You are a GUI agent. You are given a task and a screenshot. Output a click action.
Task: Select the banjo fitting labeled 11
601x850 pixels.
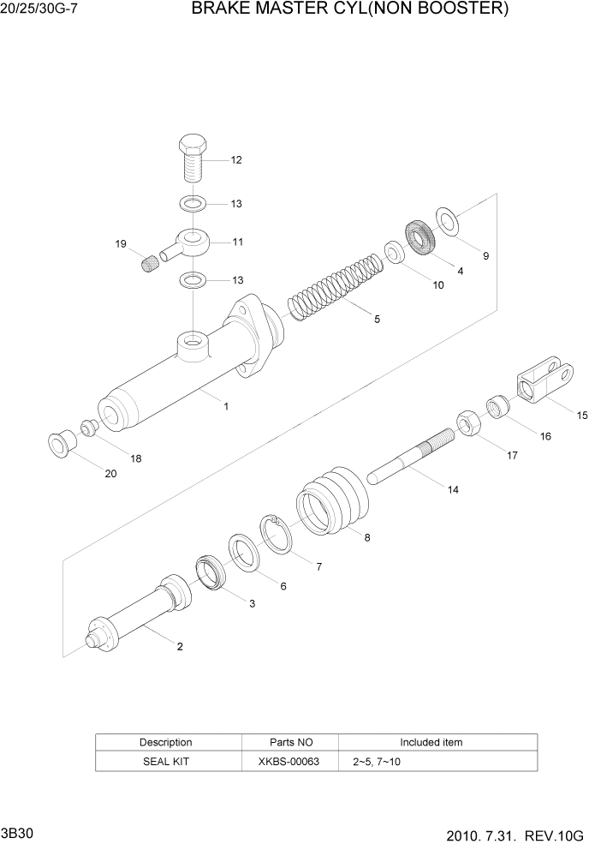(192, 242)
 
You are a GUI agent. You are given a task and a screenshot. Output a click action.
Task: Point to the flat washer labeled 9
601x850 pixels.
(447, 220)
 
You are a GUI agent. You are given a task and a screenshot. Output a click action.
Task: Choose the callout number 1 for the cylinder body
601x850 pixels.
(226, 407)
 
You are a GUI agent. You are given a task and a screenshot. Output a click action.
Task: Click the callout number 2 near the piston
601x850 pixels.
(180, 647)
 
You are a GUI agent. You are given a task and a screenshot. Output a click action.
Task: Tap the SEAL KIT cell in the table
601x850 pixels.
(166, 761)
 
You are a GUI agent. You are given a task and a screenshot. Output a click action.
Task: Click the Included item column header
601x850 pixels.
(431, 742)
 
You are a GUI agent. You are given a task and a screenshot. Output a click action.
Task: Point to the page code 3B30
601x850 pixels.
(17, 834)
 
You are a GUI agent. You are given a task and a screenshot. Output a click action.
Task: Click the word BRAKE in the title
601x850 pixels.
(218, 9)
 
